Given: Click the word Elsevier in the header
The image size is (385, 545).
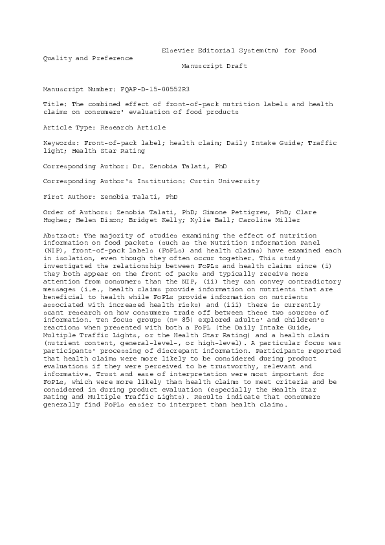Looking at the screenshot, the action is (177, 50).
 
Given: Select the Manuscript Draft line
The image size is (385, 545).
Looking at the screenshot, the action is (214, 66).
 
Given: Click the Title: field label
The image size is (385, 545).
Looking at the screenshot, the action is (54, 104).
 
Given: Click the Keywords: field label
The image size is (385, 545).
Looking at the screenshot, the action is (60, 143).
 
